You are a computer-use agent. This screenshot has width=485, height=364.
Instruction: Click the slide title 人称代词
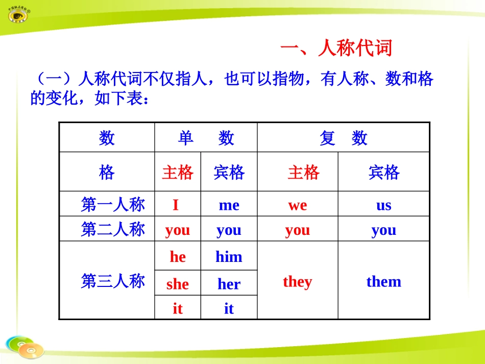[x=336, y=49]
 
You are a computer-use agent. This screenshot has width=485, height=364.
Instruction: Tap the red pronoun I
[x=176, y=205]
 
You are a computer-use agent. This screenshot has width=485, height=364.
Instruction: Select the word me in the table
[x=229, y=205]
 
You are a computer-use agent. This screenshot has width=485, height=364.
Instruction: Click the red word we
[x=298, y=205]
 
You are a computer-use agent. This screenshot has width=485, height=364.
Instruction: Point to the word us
[x=383, y=205]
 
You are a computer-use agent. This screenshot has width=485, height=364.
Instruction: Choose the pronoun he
[x=178, y=256]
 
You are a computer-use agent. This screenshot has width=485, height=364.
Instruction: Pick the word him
[x=229, y=256]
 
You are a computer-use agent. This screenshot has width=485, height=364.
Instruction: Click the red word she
[x=178, y=284]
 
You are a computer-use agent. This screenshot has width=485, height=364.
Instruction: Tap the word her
[x=229, y=284]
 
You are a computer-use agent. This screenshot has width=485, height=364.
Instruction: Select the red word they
[x=297, y=281]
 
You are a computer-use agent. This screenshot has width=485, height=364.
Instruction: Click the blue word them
[x=383, y=281]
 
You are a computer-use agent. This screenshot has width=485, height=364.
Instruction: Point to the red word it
[x=178, y=308]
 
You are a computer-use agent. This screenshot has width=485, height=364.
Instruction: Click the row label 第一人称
[x=113, y=205]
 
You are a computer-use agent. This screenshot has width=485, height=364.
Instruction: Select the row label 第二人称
[x=113, y=229]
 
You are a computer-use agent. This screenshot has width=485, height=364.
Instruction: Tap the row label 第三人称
[x=113, y=281]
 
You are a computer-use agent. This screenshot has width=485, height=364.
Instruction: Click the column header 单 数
[x=206, y=138]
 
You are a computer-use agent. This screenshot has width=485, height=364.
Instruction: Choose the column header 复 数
[x=343, y=138]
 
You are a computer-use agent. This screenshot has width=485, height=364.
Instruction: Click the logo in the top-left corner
[x=19, y=15]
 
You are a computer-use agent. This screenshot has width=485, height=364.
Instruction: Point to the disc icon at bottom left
[x=26, y=347]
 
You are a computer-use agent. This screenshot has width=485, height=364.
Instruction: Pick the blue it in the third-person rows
[x=229, y=308]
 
